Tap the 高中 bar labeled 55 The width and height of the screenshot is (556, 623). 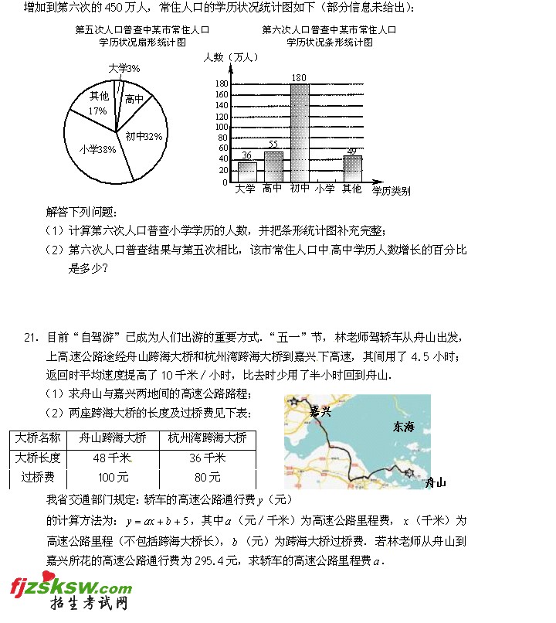pos(273,167)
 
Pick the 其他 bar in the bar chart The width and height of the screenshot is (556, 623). pos(352,169)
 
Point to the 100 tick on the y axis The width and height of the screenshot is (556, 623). pos(222,127)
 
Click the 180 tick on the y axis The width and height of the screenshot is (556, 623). pos(222,83)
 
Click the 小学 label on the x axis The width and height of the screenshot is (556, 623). pos(325,189)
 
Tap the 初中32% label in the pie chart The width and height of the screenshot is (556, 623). pos(144,136)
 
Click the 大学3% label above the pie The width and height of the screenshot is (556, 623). pos(124,69)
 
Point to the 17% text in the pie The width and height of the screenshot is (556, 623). pos(97,111)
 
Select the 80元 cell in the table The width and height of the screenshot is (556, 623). pos(207,477)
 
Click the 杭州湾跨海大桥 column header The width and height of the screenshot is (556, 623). pos(207,438)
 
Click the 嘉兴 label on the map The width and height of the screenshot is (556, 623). pos(320,411)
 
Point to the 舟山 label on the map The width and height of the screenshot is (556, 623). pos(436,482)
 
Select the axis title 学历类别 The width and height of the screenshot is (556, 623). pos(391,189)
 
